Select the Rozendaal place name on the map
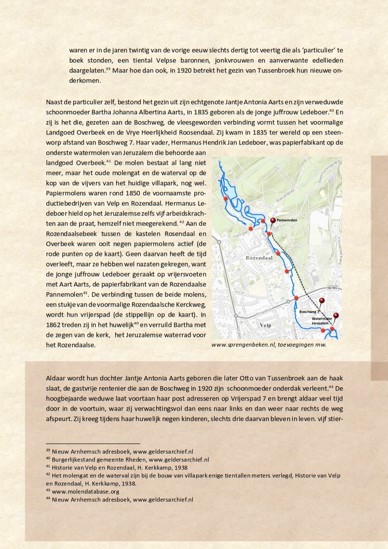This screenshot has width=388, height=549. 259,258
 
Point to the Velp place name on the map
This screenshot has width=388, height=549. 265,325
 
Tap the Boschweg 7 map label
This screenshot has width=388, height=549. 308,312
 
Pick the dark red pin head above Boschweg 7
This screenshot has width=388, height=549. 322,300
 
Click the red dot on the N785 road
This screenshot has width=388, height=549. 296,298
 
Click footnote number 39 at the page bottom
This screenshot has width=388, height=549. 48,451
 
